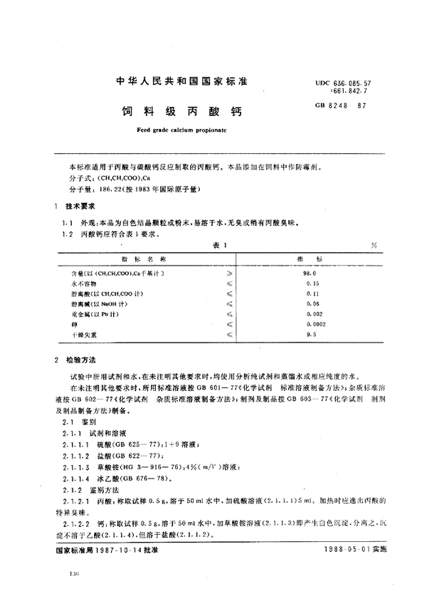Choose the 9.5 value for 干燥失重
[308, 333]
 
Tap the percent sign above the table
[374, 244]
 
